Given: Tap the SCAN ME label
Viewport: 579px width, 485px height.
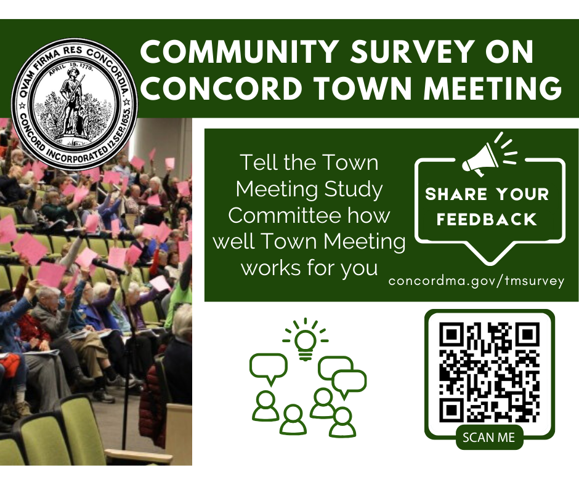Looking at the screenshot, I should pos(488,438).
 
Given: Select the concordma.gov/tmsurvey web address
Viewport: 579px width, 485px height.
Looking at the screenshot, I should pos(476,281).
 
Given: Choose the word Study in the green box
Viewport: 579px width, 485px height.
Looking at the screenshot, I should pos(354,190).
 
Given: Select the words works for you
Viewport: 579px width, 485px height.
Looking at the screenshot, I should pos(309,269).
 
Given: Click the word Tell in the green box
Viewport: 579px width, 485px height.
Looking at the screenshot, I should pos(257,163).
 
